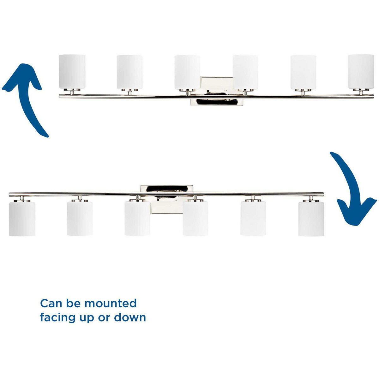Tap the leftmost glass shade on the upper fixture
point(72,72)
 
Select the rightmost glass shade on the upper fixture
point(361,72)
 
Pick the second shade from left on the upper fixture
point(129,72)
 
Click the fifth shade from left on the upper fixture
point(303,72)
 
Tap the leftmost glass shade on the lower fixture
point(22,219)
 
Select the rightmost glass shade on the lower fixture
point(311,219)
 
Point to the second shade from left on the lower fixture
point(80,219)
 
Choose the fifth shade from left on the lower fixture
point(253,219)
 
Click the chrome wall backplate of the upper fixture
point(217,91)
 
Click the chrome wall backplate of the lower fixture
point(167,199)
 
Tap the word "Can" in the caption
point(51,303)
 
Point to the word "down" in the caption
point(130,317)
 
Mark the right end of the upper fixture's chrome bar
point(373,96)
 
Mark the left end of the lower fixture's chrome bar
point(9,194)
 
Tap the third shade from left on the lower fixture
point(137,219)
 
